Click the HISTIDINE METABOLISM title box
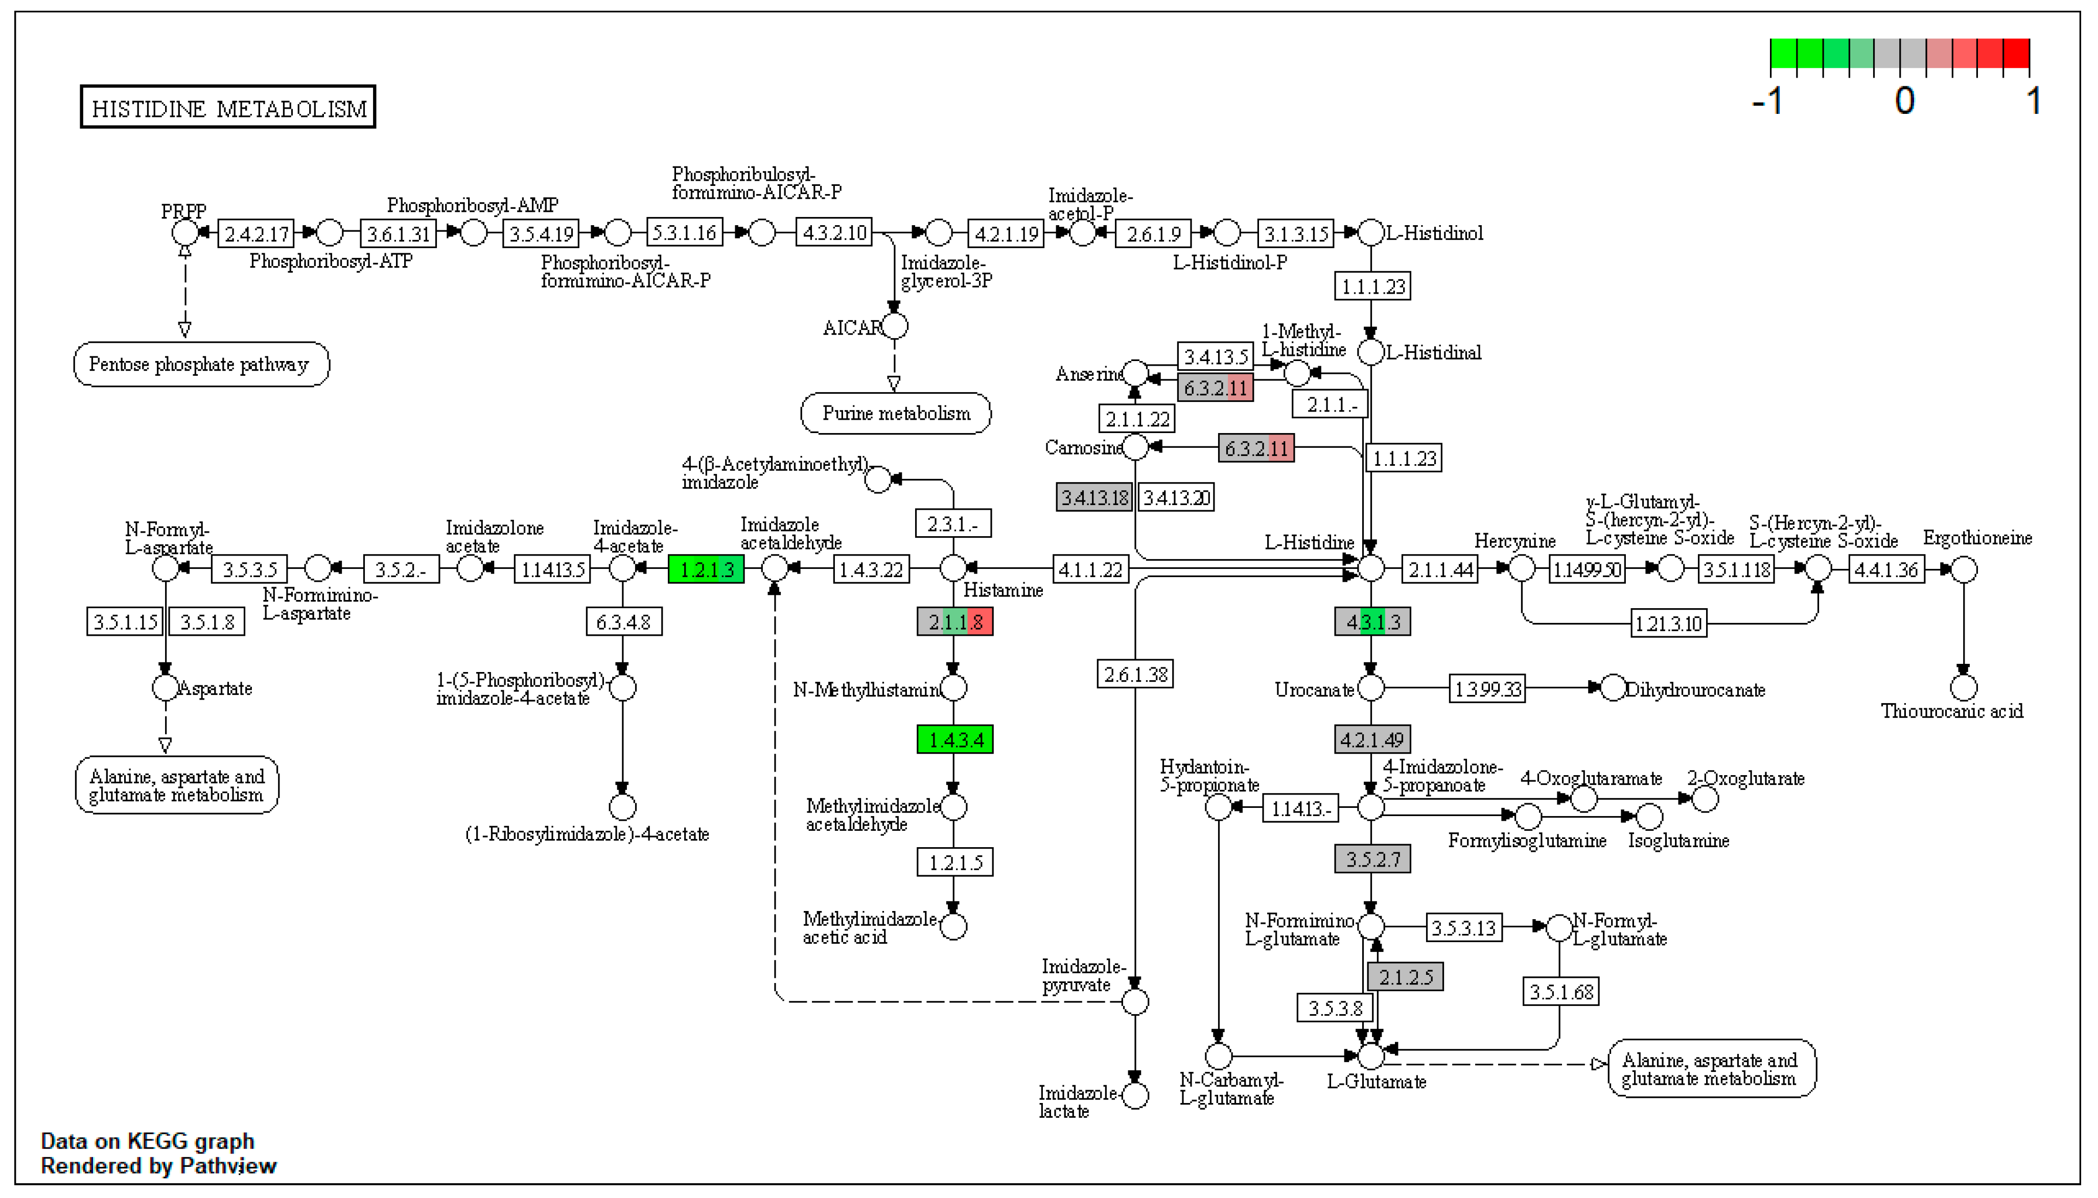[227, 107]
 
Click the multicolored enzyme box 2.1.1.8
[955, 622]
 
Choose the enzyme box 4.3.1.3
[1372, 622]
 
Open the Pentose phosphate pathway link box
[201, 365]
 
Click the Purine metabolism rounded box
[896, 413]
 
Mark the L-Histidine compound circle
[1370, 568]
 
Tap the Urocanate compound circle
[1370, 688]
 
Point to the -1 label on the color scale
[1767, 101]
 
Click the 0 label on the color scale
[1904, 101]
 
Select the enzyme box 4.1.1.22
[1090, 569]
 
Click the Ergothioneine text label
[1976, 538]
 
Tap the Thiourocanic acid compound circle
[1963, 687]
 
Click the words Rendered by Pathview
[159, 1166]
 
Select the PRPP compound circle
[184, 233]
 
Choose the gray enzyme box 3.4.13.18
[1094, 497]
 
